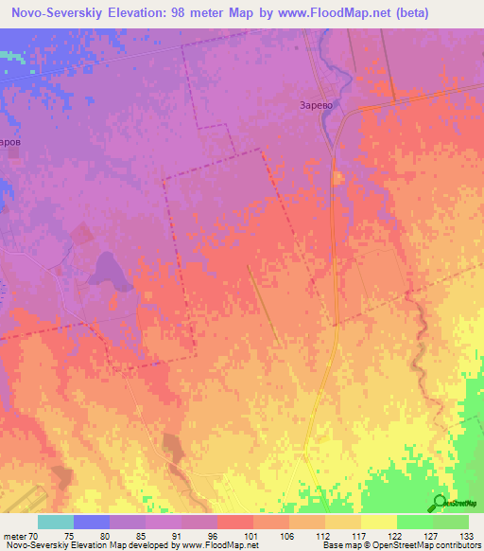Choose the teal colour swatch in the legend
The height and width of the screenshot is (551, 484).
coord(56,521)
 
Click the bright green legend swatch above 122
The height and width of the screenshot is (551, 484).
coord(414,521)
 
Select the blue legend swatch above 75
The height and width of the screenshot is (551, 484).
coord(92,521)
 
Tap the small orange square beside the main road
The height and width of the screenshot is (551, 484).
coord(337,177)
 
